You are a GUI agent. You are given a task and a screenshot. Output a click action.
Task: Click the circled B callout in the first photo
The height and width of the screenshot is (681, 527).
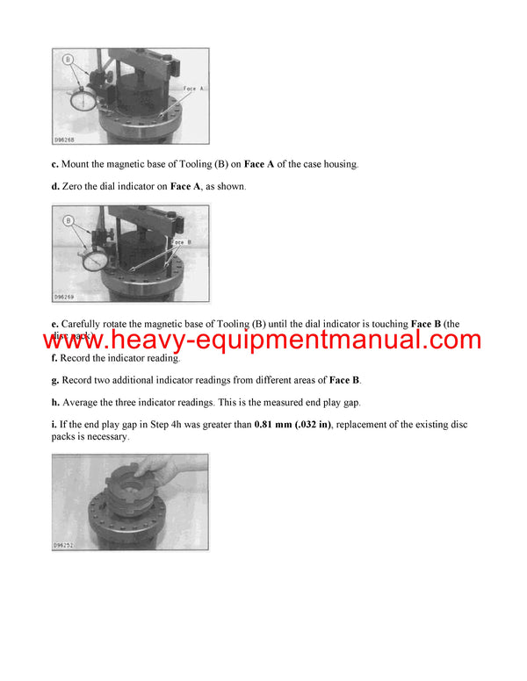pos(68,61)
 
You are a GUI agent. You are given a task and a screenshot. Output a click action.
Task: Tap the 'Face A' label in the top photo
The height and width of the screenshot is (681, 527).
pos(194,89)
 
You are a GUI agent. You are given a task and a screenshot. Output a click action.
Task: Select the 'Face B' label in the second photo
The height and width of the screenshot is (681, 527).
pos(182,241)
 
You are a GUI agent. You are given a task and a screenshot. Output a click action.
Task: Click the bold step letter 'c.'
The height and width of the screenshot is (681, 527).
pos(56,165)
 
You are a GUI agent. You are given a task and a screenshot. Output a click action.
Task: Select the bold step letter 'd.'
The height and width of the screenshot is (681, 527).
pos(56,187)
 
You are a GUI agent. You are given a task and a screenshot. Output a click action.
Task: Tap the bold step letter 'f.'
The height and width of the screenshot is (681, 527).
pos(55,358)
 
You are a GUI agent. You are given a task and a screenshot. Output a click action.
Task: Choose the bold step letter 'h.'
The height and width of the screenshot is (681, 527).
pos(56,402)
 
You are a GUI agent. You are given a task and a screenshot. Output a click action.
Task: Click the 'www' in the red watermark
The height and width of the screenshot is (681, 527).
pos(83,340)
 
